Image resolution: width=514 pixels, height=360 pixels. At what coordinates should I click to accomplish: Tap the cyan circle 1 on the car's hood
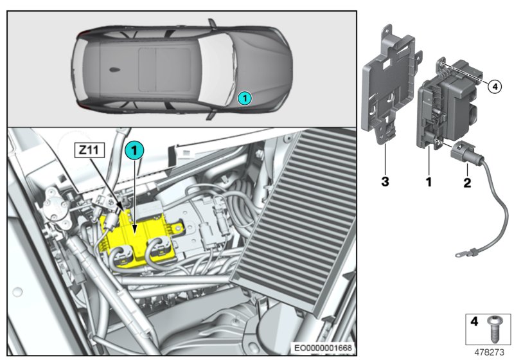coord(244,98)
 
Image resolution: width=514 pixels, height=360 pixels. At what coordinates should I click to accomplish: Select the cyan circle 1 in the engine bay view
coord(134,150)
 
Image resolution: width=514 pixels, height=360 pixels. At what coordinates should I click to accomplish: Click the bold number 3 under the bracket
coord(385,183)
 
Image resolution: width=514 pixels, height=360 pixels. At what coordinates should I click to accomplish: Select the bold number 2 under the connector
coord(467,183)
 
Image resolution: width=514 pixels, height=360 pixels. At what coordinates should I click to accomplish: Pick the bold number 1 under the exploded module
coord(428,183)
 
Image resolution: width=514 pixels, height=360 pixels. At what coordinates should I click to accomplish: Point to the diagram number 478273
coord(490,352)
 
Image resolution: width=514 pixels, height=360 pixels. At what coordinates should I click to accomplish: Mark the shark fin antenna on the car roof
coord(113,69)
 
